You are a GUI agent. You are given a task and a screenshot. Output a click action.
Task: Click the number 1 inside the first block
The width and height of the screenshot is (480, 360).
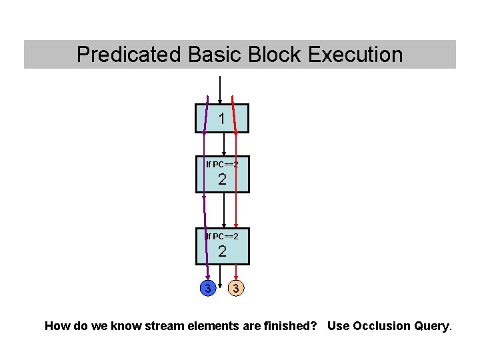[221, 119]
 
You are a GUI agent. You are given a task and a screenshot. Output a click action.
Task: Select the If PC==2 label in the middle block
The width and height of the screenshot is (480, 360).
[222, 164]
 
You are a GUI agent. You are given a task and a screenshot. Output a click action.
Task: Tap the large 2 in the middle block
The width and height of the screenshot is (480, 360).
[222, 179]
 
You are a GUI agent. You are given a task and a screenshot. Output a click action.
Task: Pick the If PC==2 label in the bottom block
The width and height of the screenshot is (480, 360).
[222, 236]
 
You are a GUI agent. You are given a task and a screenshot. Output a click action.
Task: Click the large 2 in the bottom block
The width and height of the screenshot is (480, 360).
[222, 251]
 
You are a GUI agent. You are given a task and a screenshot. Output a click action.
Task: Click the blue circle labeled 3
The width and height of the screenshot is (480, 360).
[208, 289]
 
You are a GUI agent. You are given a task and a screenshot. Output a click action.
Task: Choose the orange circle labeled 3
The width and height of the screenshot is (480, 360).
[235, 289]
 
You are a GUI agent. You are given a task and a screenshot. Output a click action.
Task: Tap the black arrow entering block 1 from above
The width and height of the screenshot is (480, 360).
[220, 90]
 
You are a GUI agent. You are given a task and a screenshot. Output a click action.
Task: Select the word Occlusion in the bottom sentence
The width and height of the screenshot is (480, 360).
[379, 326]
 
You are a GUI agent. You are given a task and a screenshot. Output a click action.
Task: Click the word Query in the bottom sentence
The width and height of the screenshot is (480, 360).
[431, 326]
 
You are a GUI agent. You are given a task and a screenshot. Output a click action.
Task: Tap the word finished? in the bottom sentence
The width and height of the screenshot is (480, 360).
[291, 326]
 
